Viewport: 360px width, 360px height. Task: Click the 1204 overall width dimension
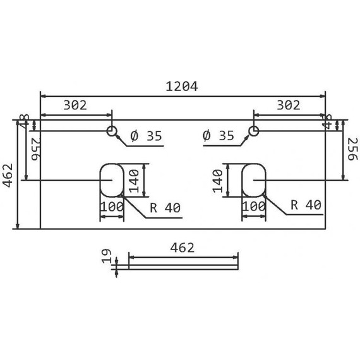pos(183,87)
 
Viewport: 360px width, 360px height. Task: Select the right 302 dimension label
pos(288,106)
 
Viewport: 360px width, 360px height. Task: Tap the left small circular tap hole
pos(112,131)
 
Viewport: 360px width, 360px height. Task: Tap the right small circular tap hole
pos(253,131)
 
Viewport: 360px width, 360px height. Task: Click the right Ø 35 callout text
pos(219,136)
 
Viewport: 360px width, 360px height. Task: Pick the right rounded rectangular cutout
pos(254,180)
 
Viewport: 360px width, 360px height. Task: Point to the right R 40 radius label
pos(306,205)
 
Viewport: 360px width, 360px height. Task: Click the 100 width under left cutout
pos(111,207)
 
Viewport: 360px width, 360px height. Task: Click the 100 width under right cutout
pos(253,207)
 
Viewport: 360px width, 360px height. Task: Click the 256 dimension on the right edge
pos(352,150)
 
